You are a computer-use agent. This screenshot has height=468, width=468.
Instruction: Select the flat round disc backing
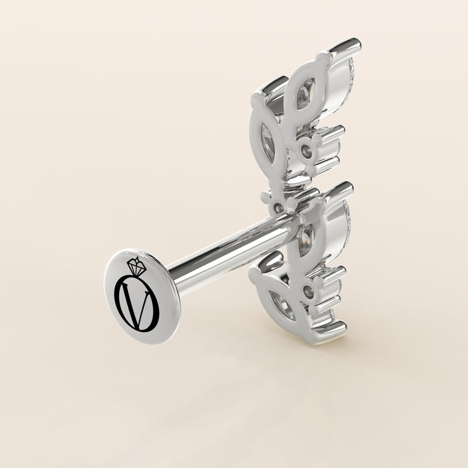tap(142, 296)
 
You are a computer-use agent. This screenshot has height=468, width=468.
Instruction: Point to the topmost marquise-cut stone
tap(306, 93)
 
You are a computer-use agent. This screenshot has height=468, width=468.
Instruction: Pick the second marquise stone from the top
tap(268, 144)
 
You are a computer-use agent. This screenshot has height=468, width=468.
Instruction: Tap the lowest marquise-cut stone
tap(282, 305)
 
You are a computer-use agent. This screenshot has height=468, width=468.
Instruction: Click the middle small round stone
tap(279, 207)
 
